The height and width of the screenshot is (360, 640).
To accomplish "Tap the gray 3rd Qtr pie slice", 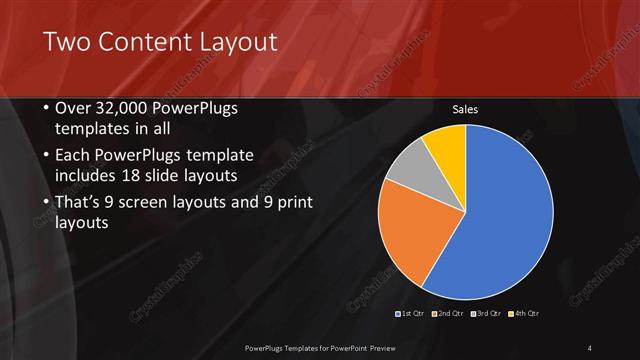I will pos(406,171).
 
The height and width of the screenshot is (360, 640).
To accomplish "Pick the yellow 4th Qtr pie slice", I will pos(446,146).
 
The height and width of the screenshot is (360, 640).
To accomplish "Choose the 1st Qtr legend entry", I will pos(413,314).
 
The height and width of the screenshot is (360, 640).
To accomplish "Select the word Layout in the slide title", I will pos(236,42).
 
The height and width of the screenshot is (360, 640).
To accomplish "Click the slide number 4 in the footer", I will pos(590,348).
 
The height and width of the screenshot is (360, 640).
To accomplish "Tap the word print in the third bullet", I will pos(290,203).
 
